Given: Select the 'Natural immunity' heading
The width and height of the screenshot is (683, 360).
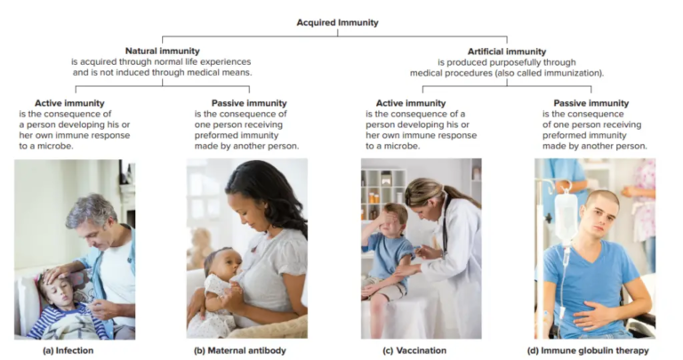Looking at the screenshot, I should tap(162, 52).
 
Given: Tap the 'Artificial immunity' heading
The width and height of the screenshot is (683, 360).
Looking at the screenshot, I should tap(507, 52).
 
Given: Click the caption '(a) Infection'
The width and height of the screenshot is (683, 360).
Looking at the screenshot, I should tap(68, 350).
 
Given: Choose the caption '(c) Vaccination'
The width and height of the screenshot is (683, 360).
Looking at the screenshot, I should tap(414, 350).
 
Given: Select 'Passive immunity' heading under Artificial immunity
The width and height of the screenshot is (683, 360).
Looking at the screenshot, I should tap(591, 103).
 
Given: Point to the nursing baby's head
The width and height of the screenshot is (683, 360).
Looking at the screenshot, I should tap(218, 263).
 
